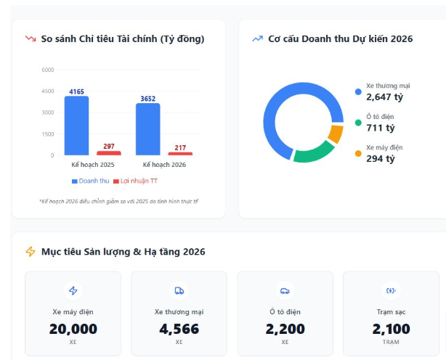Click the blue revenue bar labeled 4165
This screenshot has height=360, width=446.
click(x=76, y=126)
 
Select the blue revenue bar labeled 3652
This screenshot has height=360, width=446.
click(x=147, y=129)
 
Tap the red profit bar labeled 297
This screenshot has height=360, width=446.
click(x=109, y=153)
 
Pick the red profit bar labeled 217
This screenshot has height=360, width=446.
click(x=180, y=154)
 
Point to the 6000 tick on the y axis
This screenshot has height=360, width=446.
click(x=48, y=70)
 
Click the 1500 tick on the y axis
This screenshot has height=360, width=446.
click(x=48, y=134)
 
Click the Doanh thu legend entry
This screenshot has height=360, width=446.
click(x=90, y=180)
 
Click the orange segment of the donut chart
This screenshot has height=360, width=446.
click(x=336, y=134)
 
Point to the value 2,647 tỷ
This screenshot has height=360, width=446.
click(x=384, y=97)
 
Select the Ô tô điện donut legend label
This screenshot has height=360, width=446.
click(x=379, y=117)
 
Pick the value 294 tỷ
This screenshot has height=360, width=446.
click(x=381, y=158)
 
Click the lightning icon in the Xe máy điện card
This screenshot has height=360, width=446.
click(x=73, y=291)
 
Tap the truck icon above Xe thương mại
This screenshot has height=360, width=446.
click(x=179, y=291)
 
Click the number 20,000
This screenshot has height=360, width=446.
click(x=73, y=329)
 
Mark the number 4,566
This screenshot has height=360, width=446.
click(x=179, y=329)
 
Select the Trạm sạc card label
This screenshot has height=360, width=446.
click(x=391, y=312)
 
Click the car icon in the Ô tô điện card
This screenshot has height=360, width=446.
click(x=285, y=291)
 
